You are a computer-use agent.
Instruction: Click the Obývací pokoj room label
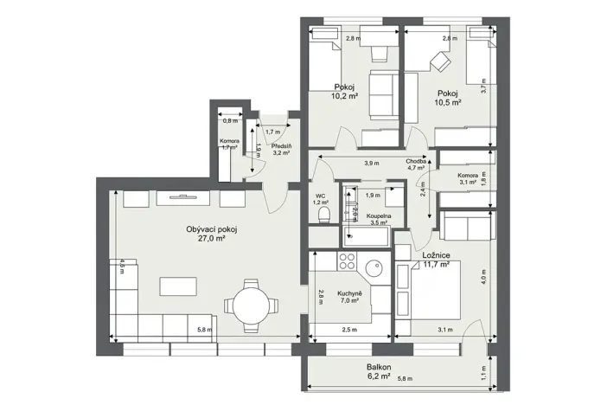(211, 229)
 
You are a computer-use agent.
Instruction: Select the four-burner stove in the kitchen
(348, 261)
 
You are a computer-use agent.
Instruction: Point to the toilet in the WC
(324, 214)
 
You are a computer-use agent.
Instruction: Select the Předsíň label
(280, 146)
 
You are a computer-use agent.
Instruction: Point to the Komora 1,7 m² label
(229, 144)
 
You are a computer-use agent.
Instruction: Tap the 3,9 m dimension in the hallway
(371, 163)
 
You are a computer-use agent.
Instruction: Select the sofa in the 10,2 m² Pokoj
(383, 94)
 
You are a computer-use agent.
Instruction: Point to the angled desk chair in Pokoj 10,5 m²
(439, 63)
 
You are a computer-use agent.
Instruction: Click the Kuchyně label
(350, 291)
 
